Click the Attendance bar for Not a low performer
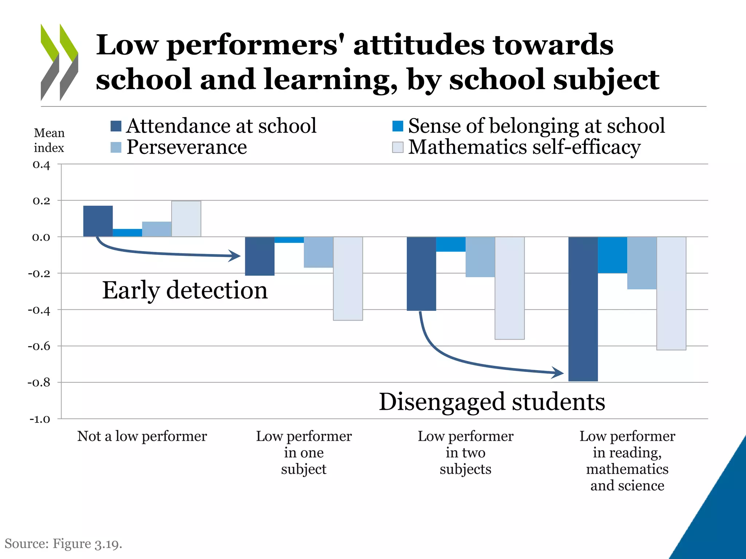[98, 221]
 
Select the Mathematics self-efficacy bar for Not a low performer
[186, 219]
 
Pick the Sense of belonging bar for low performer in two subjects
[451, 244]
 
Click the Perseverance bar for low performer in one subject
[318, 252]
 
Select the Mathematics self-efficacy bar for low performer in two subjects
[510, 288]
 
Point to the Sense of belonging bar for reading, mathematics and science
[612, 255]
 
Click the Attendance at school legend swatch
[116, 126]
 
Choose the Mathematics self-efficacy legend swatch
[397, 147]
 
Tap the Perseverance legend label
[186, 147]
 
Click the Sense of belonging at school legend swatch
[397, 126]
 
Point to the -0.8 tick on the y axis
[39, 382]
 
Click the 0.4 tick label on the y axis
[41, 165]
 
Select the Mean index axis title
[49, 140]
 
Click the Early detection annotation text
[185, 290]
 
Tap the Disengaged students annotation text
[492, 402]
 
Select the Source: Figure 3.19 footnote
[63, 544]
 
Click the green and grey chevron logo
[59, 62]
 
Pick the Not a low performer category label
[142, 436]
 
